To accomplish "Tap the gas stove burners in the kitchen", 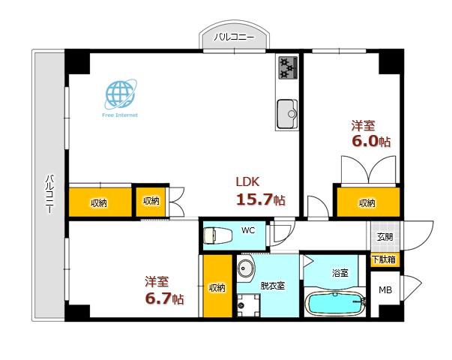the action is [288, 67].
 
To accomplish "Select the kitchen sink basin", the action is [287, 114].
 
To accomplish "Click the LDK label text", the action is [247, 181].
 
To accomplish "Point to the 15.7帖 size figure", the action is [261, 199].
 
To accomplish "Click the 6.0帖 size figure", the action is [371, 141].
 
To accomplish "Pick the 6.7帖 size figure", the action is [164, 298].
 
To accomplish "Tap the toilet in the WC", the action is [217, 235].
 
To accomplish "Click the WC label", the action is [248, 230].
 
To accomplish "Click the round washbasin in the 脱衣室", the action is [246, 268].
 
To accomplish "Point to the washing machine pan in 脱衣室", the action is [248, 305].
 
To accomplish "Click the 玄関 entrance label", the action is [385, 237].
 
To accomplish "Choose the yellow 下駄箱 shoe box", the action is [383, 259].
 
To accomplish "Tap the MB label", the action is [385, 290].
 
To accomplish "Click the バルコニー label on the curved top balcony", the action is [234, 37].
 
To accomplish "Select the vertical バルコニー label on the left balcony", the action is [50, 193].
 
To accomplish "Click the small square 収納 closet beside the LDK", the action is [151, 202].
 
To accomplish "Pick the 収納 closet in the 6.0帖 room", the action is [368, 202].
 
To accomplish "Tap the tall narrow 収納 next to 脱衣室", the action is [217, 286].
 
